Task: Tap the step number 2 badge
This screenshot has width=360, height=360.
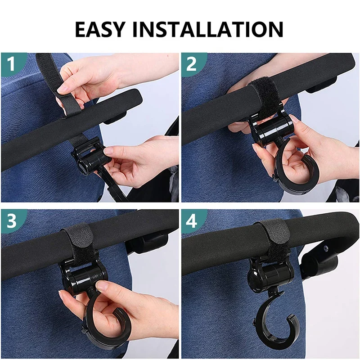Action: [191, 63]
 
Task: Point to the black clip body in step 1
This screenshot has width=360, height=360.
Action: [90, 157]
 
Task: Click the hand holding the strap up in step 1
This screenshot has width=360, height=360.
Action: [85, 79]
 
